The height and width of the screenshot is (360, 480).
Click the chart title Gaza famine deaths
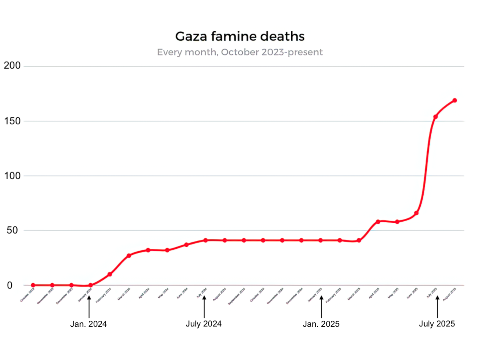tap(240, 36)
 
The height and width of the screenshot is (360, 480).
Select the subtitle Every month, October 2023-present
tap(240, 52)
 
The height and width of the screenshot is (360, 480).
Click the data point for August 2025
tap(455, 100)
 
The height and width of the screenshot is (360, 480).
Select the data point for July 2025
tap(436, 117)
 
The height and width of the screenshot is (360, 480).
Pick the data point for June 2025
tap(416, 213)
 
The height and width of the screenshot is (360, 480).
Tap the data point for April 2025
tap(378, 222)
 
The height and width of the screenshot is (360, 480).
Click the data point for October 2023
tap(33, 285)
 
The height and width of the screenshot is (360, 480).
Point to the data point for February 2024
tap(110, 274)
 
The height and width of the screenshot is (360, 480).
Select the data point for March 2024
tap(129, 256)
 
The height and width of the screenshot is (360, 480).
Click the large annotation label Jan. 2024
tap(88, 324)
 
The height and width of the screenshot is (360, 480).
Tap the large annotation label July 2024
tap(204, 324)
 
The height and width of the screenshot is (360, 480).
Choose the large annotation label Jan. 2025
tap(321, 324)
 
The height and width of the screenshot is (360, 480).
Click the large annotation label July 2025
tap(437, 324)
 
